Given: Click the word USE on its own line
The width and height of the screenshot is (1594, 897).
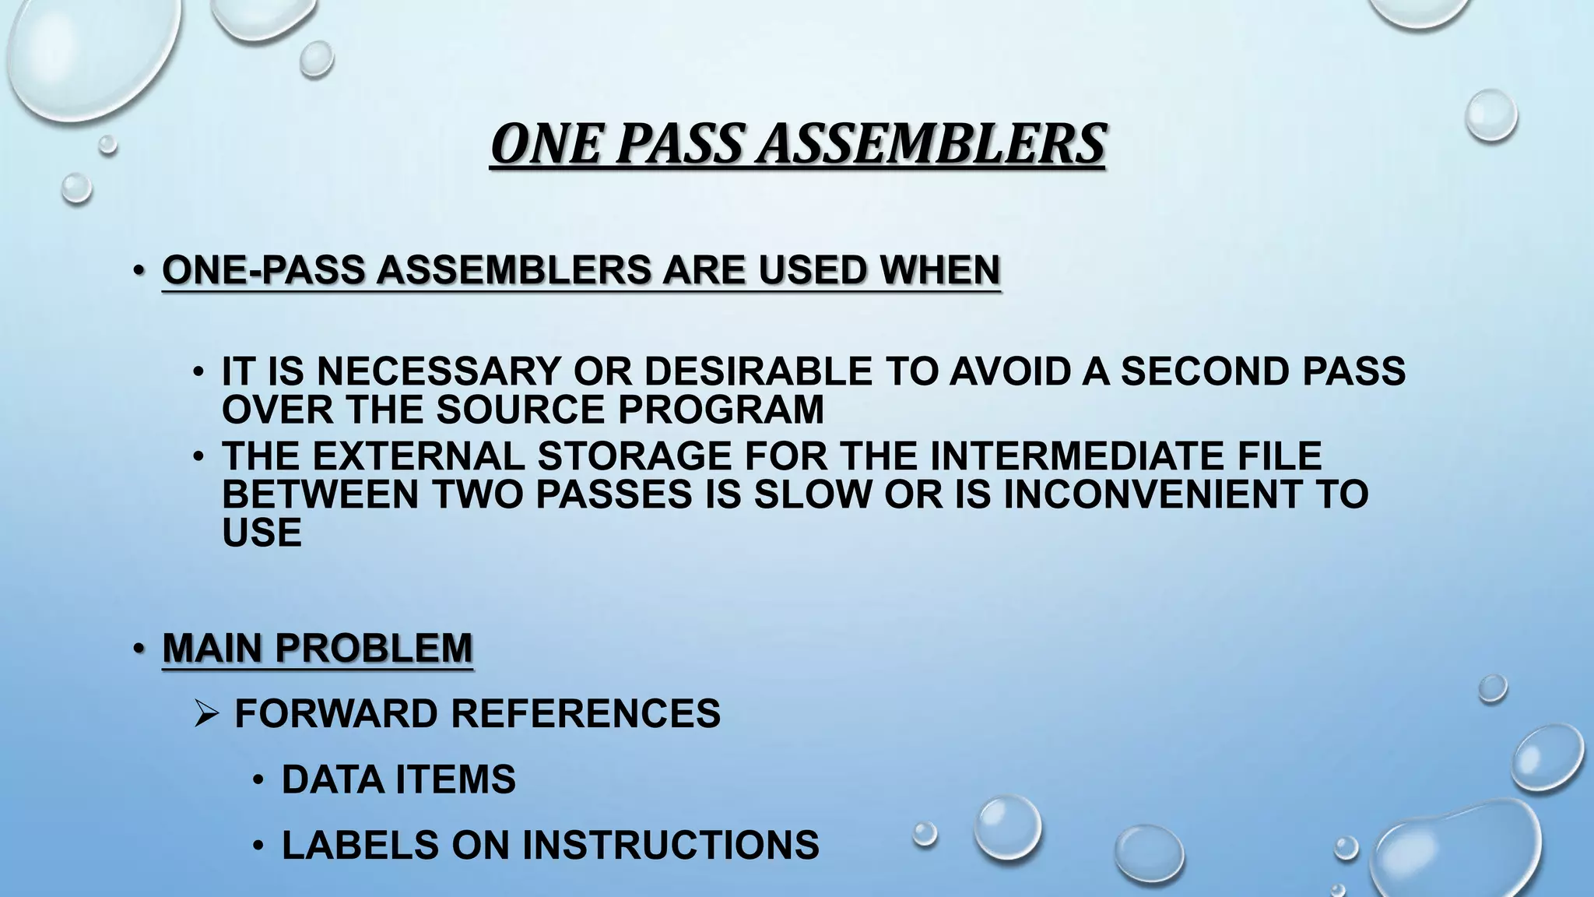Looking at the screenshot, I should click(x=262, y=533).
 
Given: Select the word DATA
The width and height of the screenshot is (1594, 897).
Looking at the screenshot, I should click(x=332, y=779).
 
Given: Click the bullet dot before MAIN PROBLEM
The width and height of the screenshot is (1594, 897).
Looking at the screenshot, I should click(x=138, y=648).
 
